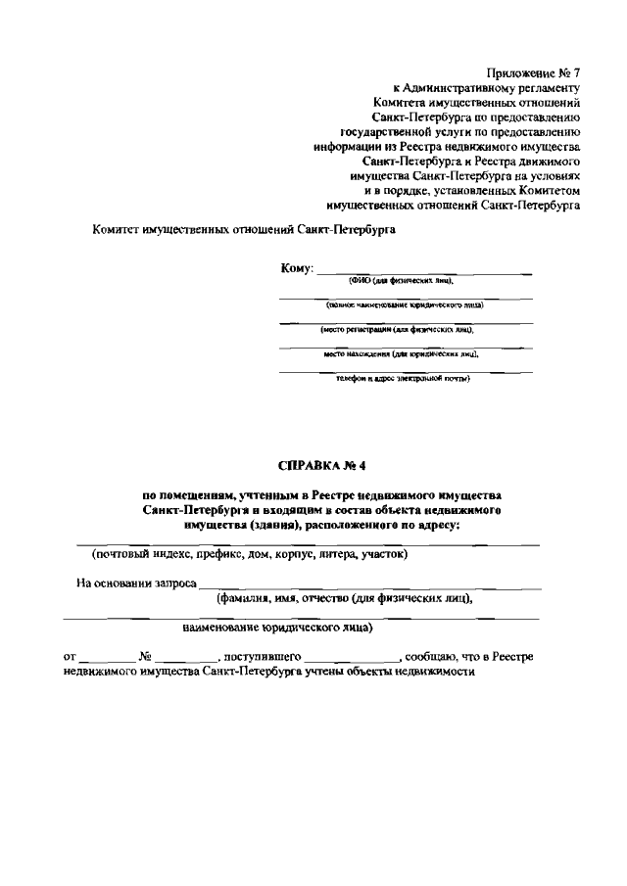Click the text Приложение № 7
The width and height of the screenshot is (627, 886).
[532, 71]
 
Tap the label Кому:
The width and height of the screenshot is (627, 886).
[296, 267]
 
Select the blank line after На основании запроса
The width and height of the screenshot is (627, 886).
[368, 586]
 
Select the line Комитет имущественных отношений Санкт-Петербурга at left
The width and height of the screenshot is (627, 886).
[244, 227]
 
